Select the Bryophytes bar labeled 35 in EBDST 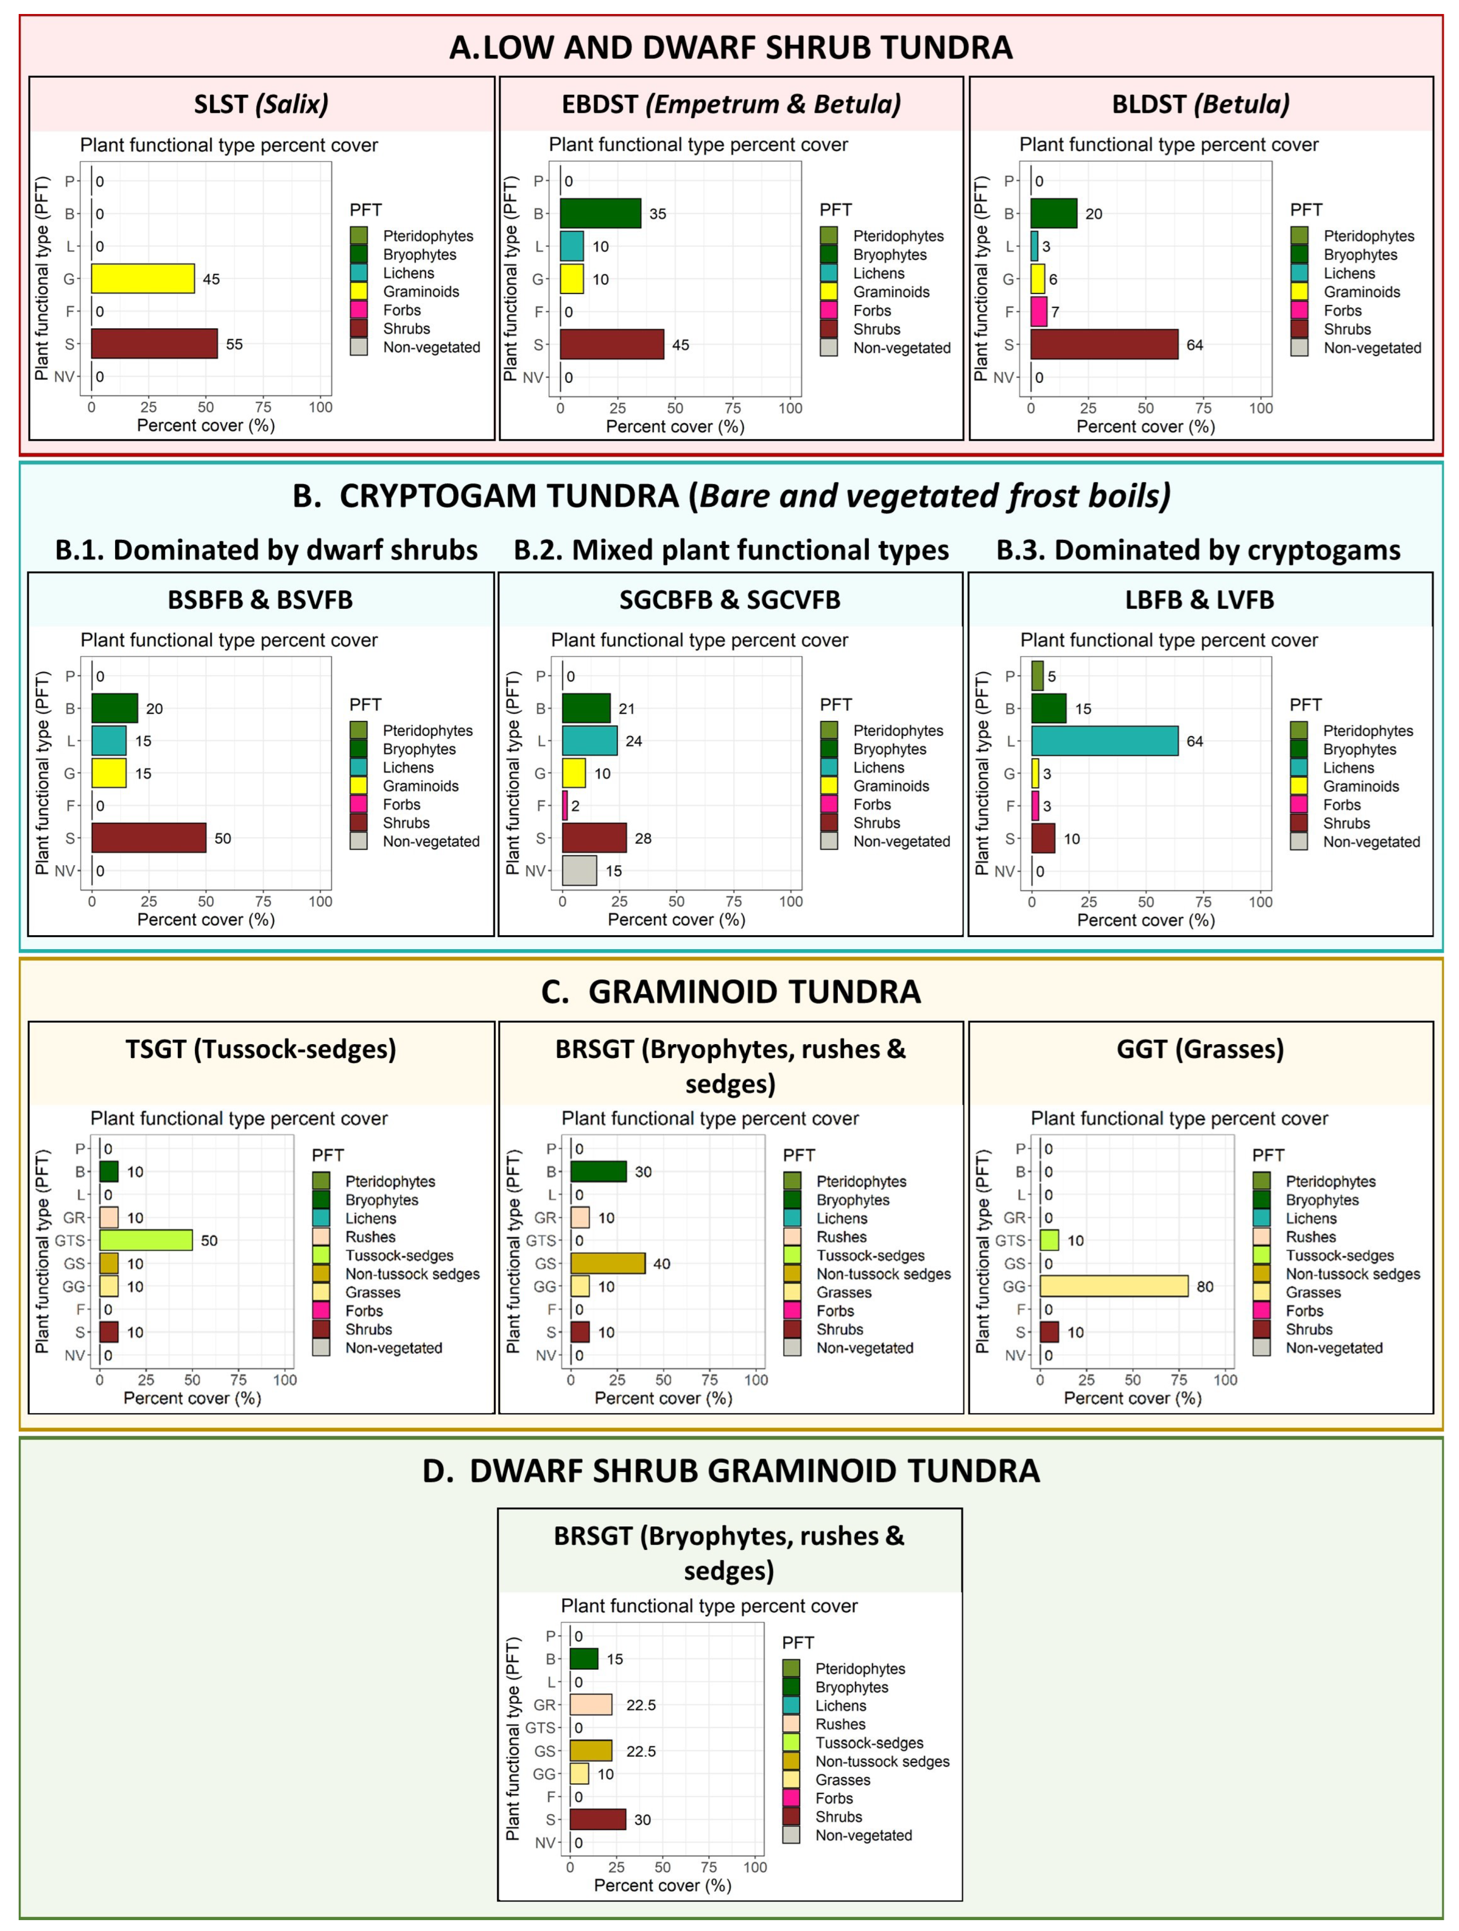click(x=600, y=213)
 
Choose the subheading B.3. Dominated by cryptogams click(x=1198, y=550)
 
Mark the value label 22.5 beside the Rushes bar click(x=641, y=1705)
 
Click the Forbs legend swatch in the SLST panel click(x=358, y=310)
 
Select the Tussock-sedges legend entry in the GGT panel click(x=1339, y=1255)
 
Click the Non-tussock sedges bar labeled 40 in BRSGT click(x=608, y=1263)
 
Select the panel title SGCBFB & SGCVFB click(x=729, y=600)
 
